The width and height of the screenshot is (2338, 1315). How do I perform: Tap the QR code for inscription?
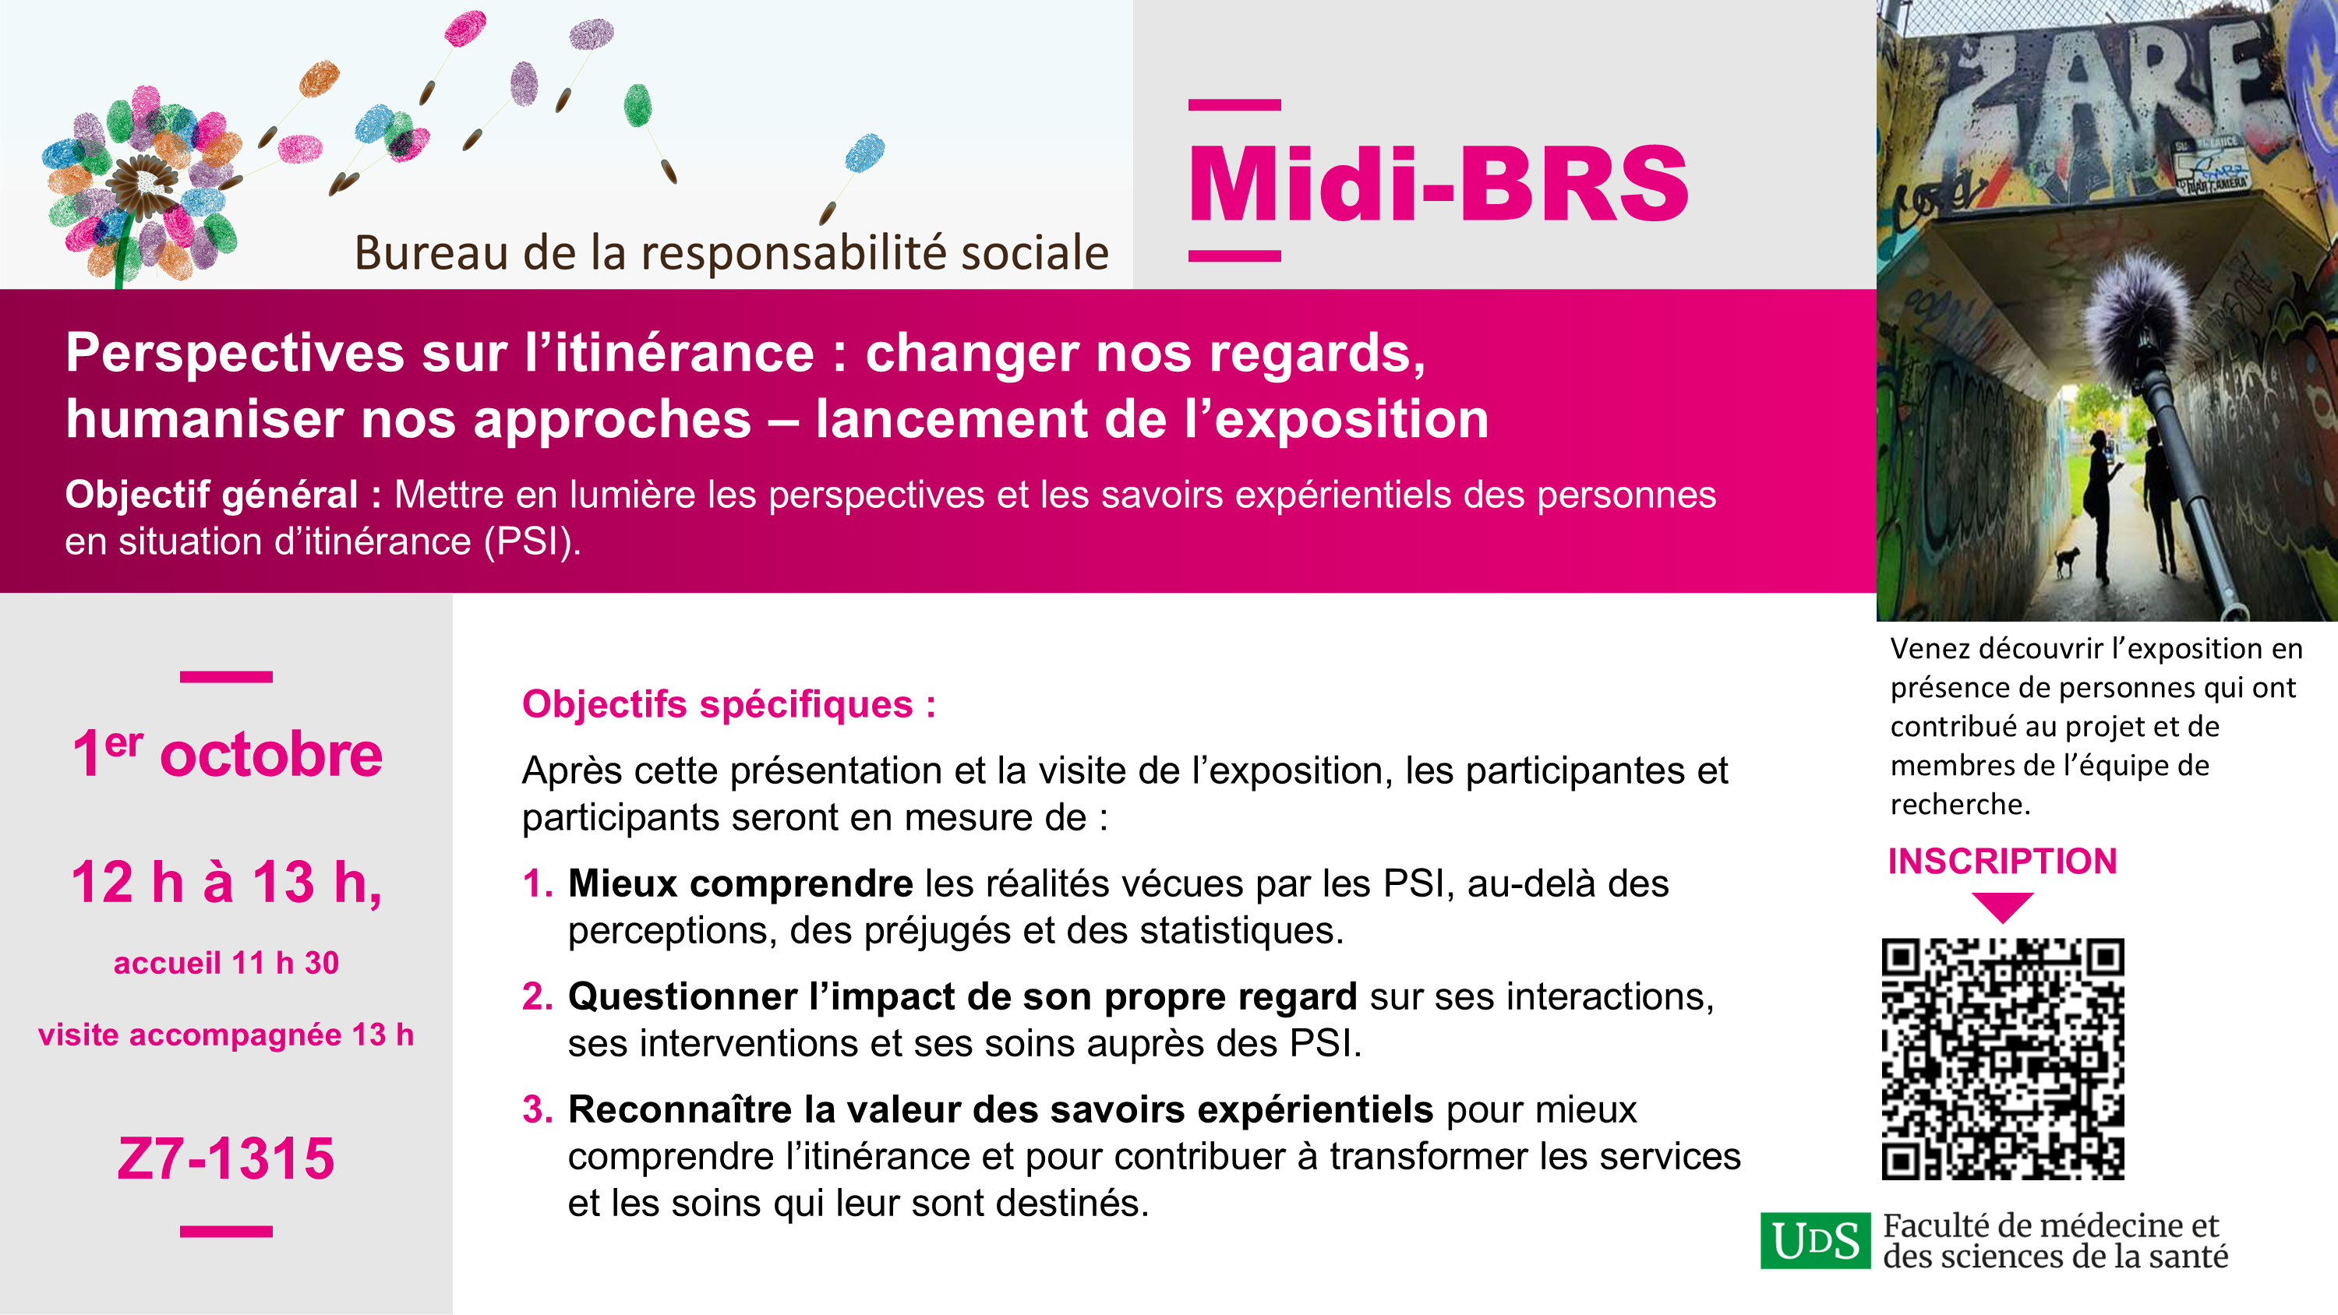coord(2003,1059)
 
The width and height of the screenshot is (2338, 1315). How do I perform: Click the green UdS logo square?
coord(1815,1239)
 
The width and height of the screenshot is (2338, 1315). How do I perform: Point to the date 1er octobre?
coord(227,754)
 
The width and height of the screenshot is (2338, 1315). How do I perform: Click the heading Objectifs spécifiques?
coord(729,705)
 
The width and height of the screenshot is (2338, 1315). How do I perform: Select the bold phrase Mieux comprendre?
coord(740,883)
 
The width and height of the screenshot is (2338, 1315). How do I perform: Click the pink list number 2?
coord(537,996)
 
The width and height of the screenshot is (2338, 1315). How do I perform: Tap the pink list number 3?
coord(537,1110)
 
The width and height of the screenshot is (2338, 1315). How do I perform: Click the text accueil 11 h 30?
coord(226,963)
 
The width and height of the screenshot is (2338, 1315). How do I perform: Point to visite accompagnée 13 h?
coord(226,1035)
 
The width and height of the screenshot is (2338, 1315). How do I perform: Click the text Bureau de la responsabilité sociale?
coord(732,252)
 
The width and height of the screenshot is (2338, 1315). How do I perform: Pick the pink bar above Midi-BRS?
coord(1234,105)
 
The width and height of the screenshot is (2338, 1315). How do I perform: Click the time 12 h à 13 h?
coord(226,882)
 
